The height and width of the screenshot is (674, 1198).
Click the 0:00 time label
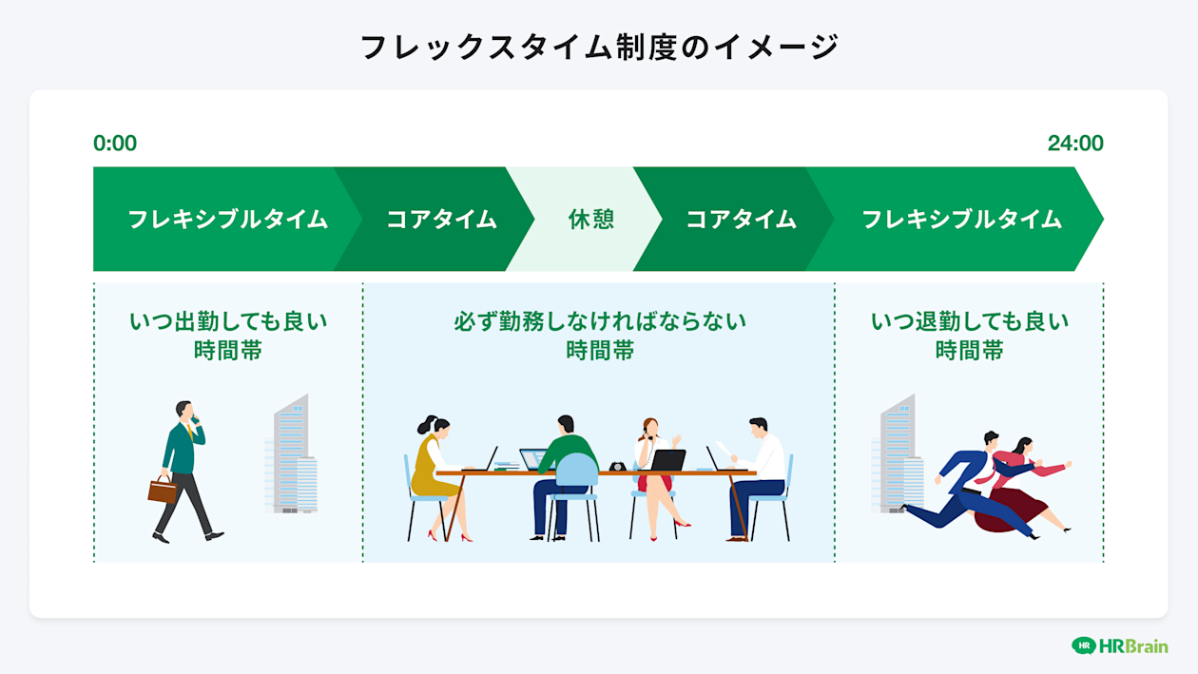(x=115, y=144)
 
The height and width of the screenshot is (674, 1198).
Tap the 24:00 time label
(x=1075, y=144)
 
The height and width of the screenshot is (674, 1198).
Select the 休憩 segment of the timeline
(x=591, y=220)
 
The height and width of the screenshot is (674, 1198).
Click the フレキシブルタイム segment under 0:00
(x=227, y=220)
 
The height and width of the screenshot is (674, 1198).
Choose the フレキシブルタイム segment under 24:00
(x=961, y=220)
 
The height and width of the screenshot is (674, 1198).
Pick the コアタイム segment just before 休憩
(x=441, y=220)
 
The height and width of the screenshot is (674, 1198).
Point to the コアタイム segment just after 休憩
(x=741, y=220)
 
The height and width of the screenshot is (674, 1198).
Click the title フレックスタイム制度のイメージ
(x=599, y=47)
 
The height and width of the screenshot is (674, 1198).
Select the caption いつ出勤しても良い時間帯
(x=228, y=336)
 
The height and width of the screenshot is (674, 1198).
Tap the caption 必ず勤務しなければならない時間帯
(x=600, y=336)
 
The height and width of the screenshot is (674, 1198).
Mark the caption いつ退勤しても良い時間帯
(x=970, y=336)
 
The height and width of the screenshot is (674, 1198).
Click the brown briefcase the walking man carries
(x=163, y=490)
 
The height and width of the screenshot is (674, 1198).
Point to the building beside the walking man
(x=292, y=455)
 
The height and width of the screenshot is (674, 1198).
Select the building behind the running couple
(x=898, y=455)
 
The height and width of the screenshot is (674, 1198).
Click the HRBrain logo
(x=1119, y=645)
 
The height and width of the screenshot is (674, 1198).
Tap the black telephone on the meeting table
(x=618, y=466)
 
